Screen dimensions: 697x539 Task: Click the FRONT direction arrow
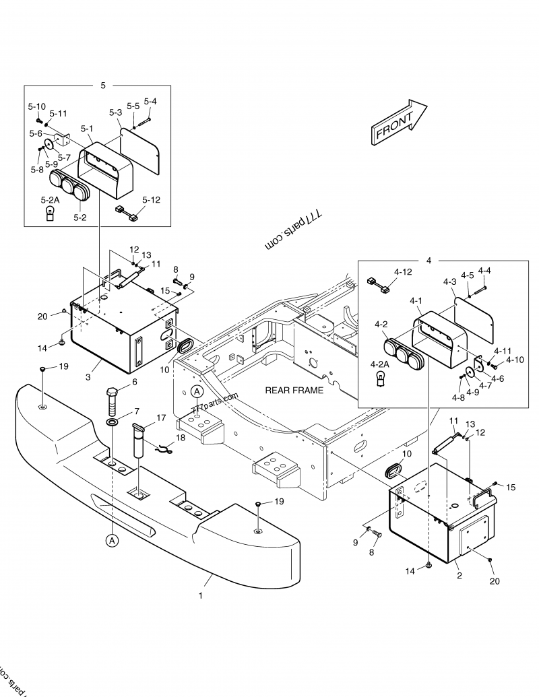(399, 123)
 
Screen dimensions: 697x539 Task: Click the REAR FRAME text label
(294, 390)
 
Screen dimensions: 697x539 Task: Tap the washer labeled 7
(113, 422)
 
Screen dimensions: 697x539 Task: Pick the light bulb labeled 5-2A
(49, 214)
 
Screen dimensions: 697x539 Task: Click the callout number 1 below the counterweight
(199, 595)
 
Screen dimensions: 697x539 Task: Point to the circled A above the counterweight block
(197, 391)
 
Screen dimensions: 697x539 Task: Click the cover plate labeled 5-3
(141, 148)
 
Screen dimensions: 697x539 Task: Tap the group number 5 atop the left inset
(102, 86)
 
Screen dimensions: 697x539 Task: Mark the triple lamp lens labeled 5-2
(69, 187)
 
